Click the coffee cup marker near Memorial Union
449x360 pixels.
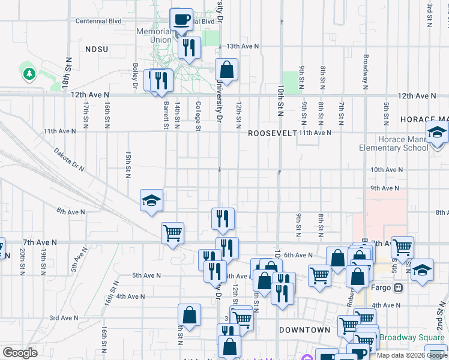tap(181, 19)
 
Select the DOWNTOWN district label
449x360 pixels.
tap(304, 330)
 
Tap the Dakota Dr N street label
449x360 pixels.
tap(69, 160)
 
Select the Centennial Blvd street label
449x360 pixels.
tap(98, 21)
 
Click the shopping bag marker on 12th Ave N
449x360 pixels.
tap(227, 70)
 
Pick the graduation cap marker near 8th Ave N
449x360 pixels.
tap(152, 200)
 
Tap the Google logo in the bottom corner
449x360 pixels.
tap(20, 352)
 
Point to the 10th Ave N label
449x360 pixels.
tap(386, 170)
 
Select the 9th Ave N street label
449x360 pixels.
tap(385, 188)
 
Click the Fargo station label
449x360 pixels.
tap(385, 287)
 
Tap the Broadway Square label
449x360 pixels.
tap(415, 337)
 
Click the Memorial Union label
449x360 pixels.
tap(154, 35)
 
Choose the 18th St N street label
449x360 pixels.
tap(67, 73)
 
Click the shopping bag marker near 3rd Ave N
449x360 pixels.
tap(189, 316)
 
